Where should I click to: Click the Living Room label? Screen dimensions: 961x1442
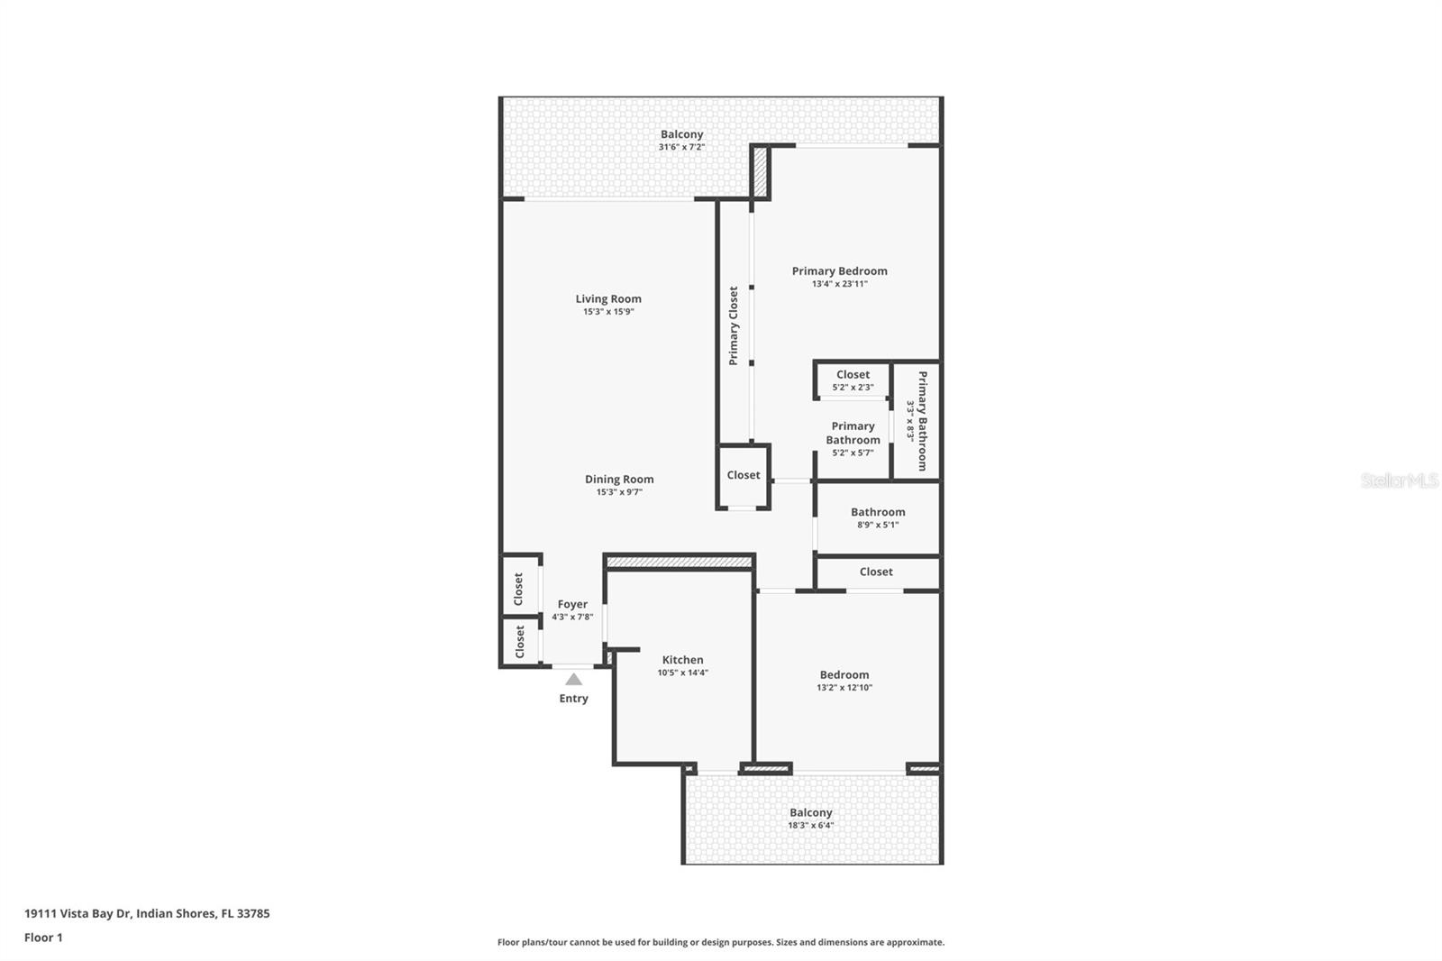coord(608,299)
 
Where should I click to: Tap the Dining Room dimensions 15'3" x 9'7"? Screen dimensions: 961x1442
coord(619,492)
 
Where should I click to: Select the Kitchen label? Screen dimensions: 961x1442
coord(682,660)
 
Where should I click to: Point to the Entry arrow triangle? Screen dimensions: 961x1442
coord(573,679)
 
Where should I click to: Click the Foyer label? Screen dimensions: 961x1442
coord(572,605)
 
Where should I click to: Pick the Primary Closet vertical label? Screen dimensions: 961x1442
coord(734,325)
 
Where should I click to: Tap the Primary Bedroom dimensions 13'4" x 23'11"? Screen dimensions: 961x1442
coord(839,284)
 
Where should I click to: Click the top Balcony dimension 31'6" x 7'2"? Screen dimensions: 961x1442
coord(681,147)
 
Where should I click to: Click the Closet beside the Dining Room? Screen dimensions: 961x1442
coord(744,475)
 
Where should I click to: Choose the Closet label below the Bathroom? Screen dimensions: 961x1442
coord(876,572)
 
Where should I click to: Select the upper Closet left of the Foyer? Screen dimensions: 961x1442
coord(519,589)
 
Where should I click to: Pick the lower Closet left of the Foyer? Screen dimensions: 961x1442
coord(520,642)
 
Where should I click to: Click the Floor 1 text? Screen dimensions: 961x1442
coord(43,938)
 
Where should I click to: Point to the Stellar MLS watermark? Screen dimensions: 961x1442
coord(1399,480)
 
